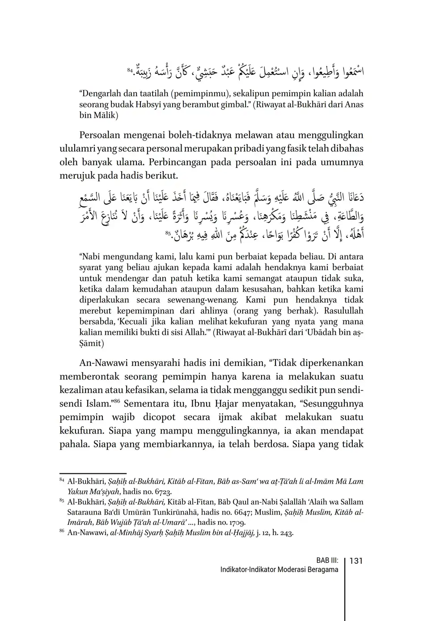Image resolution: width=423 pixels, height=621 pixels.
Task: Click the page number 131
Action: (x=356, y=561)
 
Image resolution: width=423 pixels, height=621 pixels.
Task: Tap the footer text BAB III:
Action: (x=327, y=561)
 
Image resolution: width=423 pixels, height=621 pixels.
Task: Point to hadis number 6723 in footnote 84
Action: (x=158, y=491)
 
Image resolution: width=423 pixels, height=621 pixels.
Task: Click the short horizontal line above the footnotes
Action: (x=93, y=473)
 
